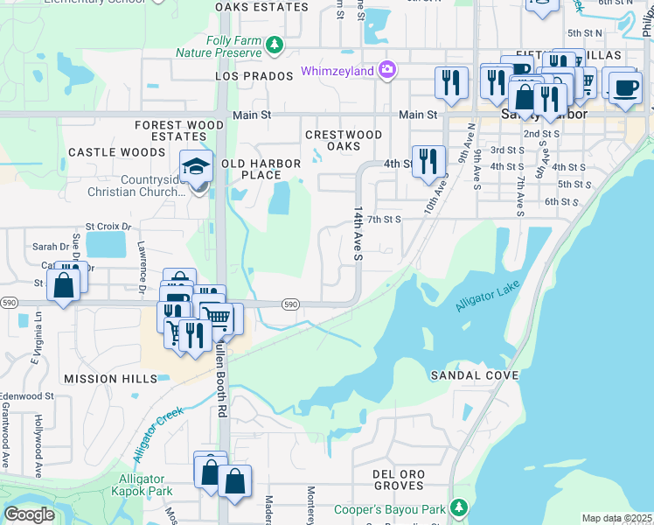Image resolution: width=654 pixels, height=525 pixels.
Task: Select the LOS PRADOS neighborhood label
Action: tap(254, 76)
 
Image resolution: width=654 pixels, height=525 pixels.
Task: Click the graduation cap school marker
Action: tap(197, 166)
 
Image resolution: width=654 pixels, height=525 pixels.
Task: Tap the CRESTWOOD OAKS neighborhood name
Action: tap(344, 140)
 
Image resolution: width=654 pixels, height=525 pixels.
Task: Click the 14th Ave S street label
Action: tap(358, 234)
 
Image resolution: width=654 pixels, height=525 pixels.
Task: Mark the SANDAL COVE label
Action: tap(475, 375)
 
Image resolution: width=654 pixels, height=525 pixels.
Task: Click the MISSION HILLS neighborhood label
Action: tap(110, 378)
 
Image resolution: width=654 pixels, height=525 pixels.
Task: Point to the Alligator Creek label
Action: tap(157, 434)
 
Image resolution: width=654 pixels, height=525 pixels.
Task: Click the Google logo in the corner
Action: tap(29, 514)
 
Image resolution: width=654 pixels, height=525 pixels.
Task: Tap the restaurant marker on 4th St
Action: tap(428, 162)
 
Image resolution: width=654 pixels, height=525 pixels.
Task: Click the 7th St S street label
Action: tap(383, 219)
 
